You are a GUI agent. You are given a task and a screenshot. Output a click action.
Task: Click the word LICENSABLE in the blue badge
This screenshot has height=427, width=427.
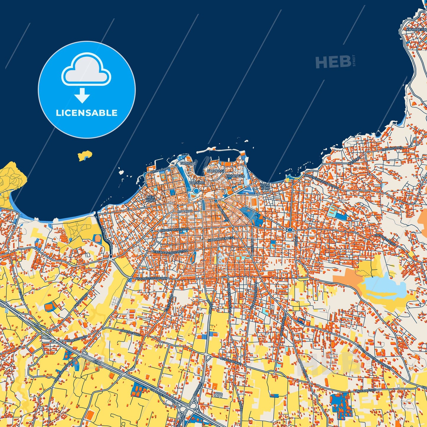pos(87,113)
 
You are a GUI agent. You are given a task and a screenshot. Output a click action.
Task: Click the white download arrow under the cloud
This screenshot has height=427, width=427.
pos(82,95)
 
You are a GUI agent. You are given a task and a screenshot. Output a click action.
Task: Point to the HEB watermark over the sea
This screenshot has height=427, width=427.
pos(333,62)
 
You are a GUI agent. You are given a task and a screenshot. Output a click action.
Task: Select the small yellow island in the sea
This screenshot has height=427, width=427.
pos(85,156)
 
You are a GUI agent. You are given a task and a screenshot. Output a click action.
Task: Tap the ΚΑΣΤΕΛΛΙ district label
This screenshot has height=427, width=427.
pos(215,171)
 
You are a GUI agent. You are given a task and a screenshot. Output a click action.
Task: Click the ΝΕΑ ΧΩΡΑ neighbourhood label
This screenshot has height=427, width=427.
pos(150,198)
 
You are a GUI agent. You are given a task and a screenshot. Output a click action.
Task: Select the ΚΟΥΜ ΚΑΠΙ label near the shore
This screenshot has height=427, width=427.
pos(265,186)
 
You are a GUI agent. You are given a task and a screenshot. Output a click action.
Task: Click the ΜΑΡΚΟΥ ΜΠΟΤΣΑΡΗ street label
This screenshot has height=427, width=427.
pos(174,230)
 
